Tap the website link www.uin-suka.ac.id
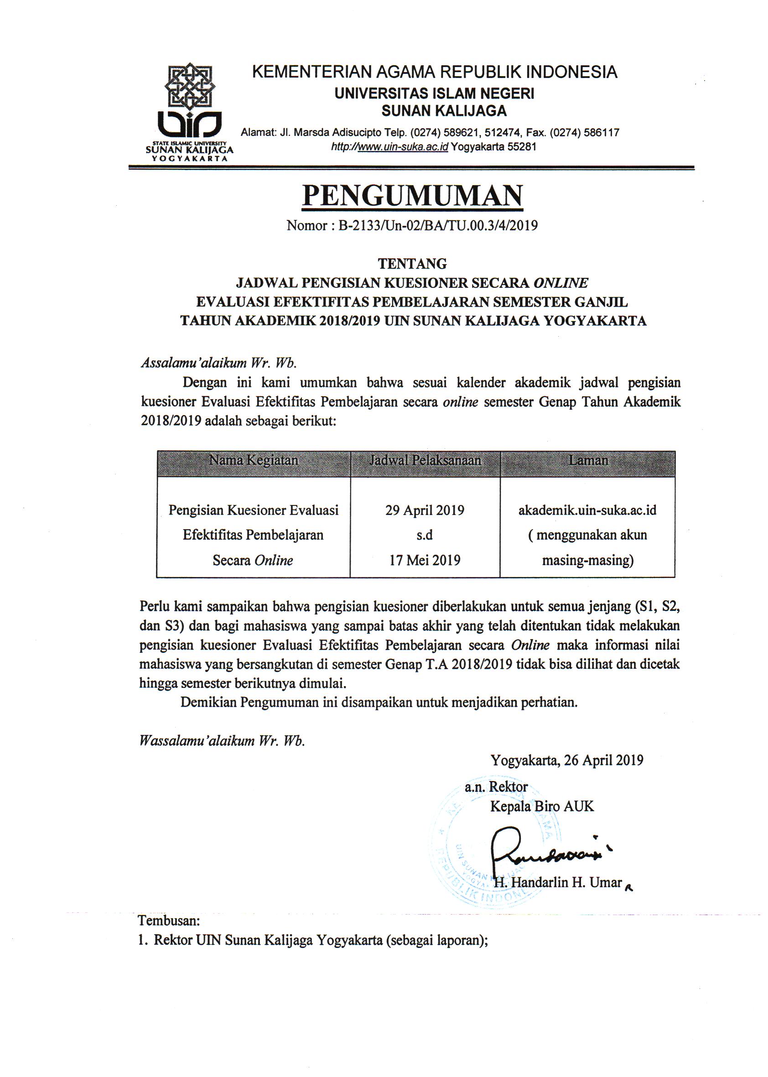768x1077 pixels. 402,146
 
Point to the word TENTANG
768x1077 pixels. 412,263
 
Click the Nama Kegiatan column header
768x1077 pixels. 254,460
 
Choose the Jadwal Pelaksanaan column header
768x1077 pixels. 425,460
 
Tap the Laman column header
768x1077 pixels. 588,460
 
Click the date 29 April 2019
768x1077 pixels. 425,510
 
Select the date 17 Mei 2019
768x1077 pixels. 425,561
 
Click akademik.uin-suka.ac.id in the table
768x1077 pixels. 587,510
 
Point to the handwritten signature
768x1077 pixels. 544,851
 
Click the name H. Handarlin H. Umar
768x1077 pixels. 558,883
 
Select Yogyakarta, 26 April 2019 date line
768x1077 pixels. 567,760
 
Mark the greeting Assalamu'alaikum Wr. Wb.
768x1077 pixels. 218,363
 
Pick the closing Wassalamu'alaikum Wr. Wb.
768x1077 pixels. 222,741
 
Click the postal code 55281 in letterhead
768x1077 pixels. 522,146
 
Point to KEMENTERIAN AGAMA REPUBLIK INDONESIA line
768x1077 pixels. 435,72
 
